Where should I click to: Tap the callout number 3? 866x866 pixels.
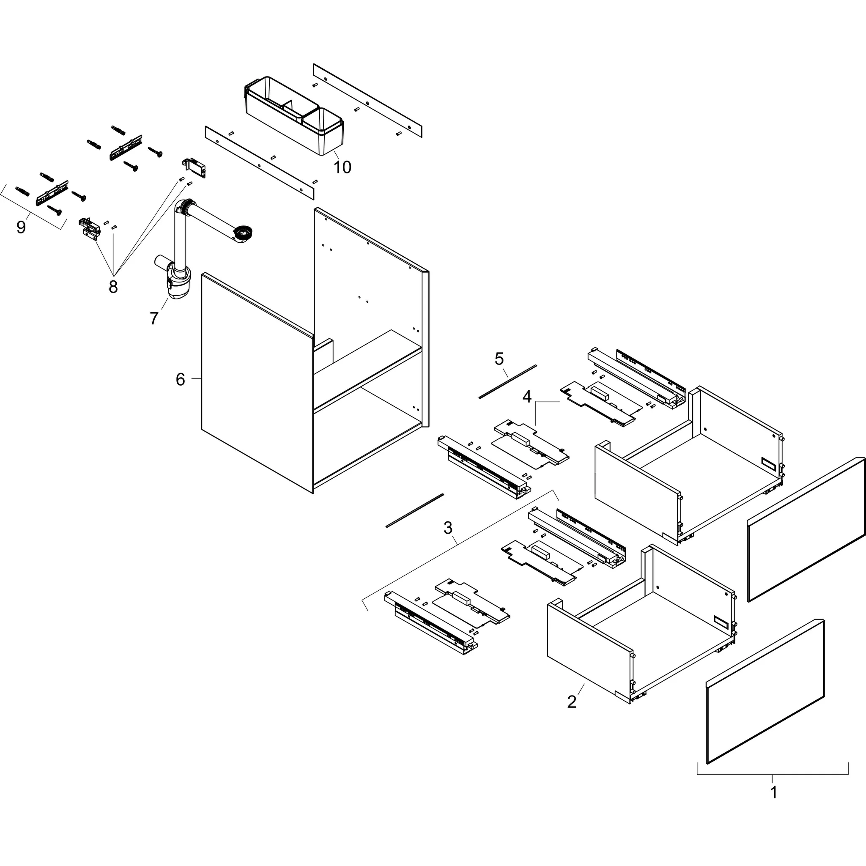pos(448,528)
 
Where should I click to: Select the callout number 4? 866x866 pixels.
pos(527,396)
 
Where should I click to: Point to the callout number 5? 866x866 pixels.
pos(499,359)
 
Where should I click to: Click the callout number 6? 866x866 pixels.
pos(180,379)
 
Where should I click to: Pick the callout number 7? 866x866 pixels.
pos(154,318)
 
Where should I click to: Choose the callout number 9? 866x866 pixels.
pos(21,227)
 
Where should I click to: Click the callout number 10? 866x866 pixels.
pos(343,167)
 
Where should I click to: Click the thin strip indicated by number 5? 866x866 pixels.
pos(507,382)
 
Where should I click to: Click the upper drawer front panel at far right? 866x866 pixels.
pos(806,529)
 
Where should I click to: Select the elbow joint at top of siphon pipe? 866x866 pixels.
pos(184,208)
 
